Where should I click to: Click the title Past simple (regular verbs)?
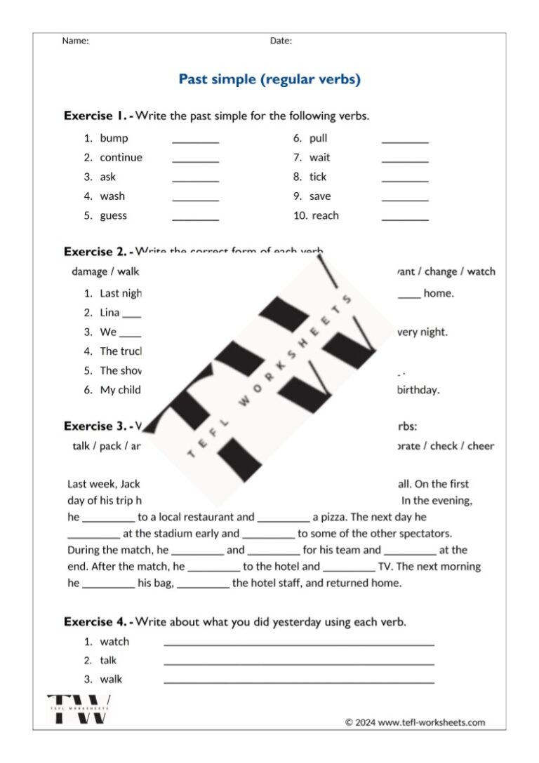[269, 79]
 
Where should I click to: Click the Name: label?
[75, 41]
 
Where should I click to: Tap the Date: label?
[281, 41]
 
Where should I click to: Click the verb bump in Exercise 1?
[114, 138]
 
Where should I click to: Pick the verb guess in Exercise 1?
[113, 216]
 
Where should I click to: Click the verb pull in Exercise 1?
[318, 138]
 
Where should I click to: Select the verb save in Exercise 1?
[319, 196]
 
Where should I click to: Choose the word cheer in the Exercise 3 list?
[481, 446]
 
